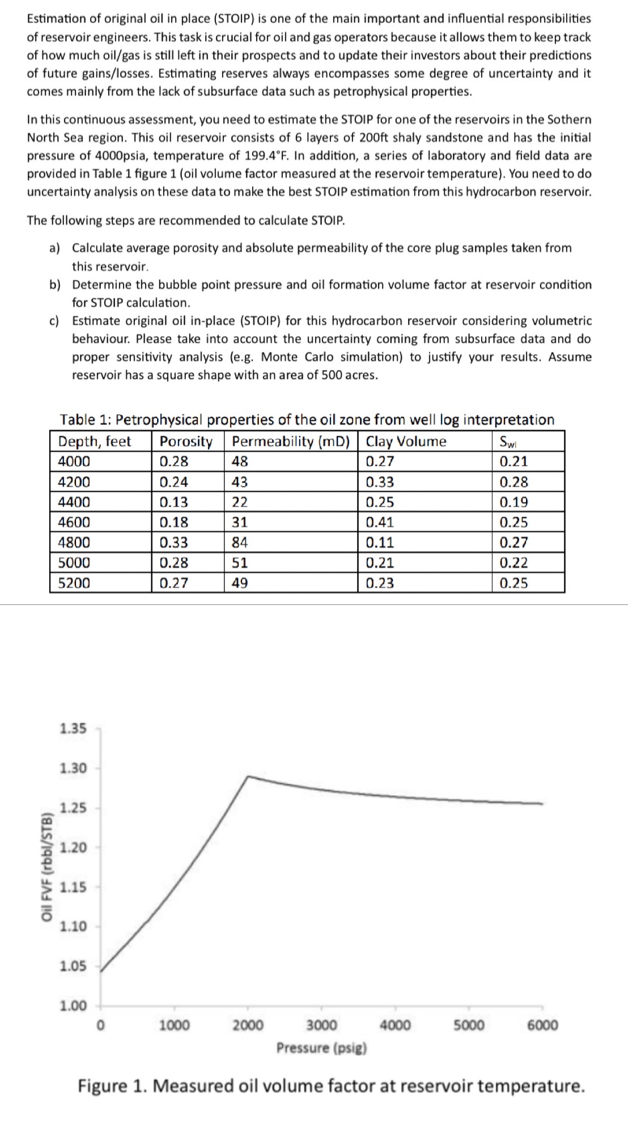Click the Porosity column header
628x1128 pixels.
coord(186,441)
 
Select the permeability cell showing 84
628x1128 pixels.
coord(240,542)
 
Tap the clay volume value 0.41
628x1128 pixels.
coord(380,522)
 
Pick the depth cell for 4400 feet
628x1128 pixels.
coord(74,502)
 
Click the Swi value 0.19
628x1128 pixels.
coord(514,502)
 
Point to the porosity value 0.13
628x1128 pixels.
coord(173,502)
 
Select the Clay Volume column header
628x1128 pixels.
coord(406,441)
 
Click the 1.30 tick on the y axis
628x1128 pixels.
coord(73,768)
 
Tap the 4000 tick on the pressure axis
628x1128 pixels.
coord(395,1025)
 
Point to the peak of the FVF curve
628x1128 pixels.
coord(248,776)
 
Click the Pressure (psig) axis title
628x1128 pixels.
coord(321,1048)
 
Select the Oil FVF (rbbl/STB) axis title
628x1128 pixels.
coord(48,867)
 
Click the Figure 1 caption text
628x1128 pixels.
coord(331,1086)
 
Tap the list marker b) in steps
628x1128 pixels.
coord(55,285)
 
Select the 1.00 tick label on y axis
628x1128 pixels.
coord(73,1006)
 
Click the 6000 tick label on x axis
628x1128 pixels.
coord(542,1025)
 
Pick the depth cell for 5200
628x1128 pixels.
coord(74,583)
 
